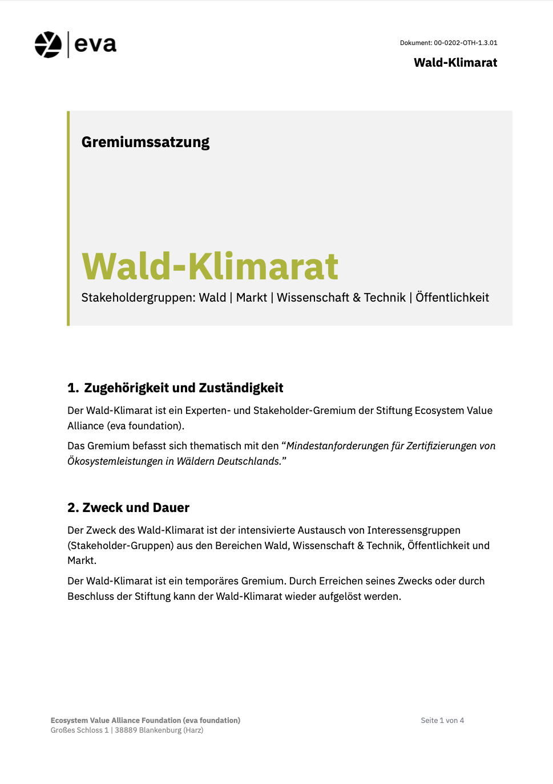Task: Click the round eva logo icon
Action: [48, 44]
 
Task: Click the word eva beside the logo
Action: [95, 44]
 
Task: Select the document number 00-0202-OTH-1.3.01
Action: [465, 43]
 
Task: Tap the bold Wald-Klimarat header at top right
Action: [455, 63]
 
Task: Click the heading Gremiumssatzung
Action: [146, 142]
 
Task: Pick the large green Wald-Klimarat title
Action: [210, 266]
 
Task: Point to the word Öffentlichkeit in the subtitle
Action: [452, 298]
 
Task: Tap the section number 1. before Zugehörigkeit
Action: [73, 388]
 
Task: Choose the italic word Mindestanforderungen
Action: [337, 446]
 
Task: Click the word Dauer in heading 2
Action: [171, 508]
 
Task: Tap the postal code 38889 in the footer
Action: [126, 730]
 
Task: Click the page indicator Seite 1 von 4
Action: [442, 721]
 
